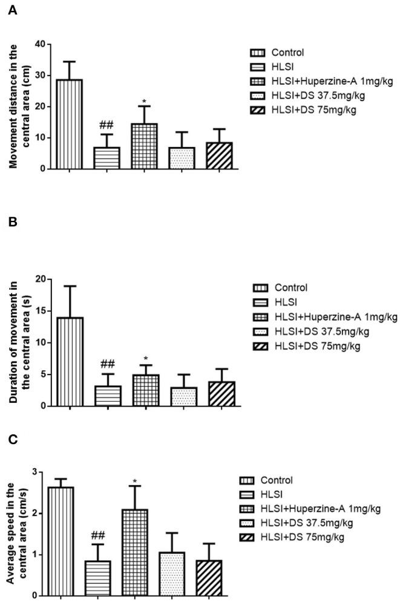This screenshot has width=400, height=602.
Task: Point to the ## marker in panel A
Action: pyautogui.click(x=107, y=125)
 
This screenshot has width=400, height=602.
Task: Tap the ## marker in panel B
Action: pyautogui.click(x=107, y=364)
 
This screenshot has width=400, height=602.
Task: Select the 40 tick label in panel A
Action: pyautogui.click(x=41, y=44)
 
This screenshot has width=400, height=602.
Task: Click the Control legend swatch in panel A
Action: pyautogui.click(x=255, y=53)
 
